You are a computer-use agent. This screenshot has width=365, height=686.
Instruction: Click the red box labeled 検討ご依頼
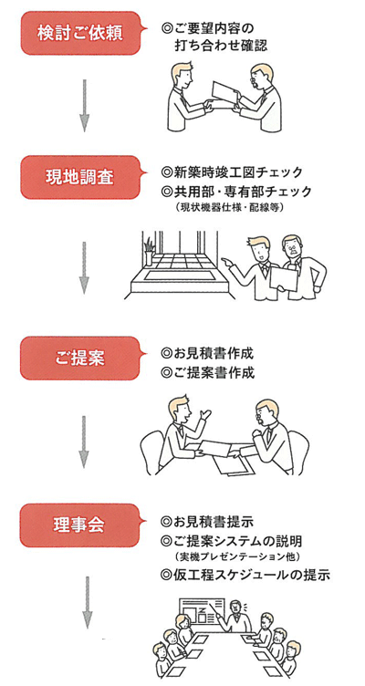(81, 34)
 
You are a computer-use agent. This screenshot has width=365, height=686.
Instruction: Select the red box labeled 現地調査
(81, 177)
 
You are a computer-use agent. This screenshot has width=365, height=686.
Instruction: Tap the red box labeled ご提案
(81, 358)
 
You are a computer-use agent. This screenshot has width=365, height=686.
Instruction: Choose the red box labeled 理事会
(81, 525)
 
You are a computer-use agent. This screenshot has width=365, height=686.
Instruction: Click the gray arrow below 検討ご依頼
(85, 106)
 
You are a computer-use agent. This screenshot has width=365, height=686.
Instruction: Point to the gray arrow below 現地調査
(85, 268)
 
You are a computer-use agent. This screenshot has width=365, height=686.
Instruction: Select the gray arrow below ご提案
(85, 442)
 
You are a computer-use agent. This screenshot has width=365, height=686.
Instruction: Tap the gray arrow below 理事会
(88, 602)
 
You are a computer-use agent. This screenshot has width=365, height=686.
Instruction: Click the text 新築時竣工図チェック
(232, 172)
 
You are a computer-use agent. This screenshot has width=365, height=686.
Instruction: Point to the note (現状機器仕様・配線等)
(231, 208)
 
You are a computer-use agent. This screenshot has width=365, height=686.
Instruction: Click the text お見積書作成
(207, 354)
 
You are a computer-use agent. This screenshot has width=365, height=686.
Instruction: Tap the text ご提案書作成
(207, 373)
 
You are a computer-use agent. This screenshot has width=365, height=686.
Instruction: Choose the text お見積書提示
(207, 522)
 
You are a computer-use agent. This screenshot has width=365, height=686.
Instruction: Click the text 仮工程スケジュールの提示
(245, 575)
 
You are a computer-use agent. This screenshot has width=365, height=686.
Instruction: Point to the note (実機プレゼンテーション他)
(236, 557)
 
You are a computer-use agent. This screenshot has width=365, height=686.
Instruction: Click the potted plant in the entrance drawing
(150, 252)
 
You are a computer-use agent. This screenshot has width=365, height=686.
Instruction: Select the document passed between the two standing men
(225, 93)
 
